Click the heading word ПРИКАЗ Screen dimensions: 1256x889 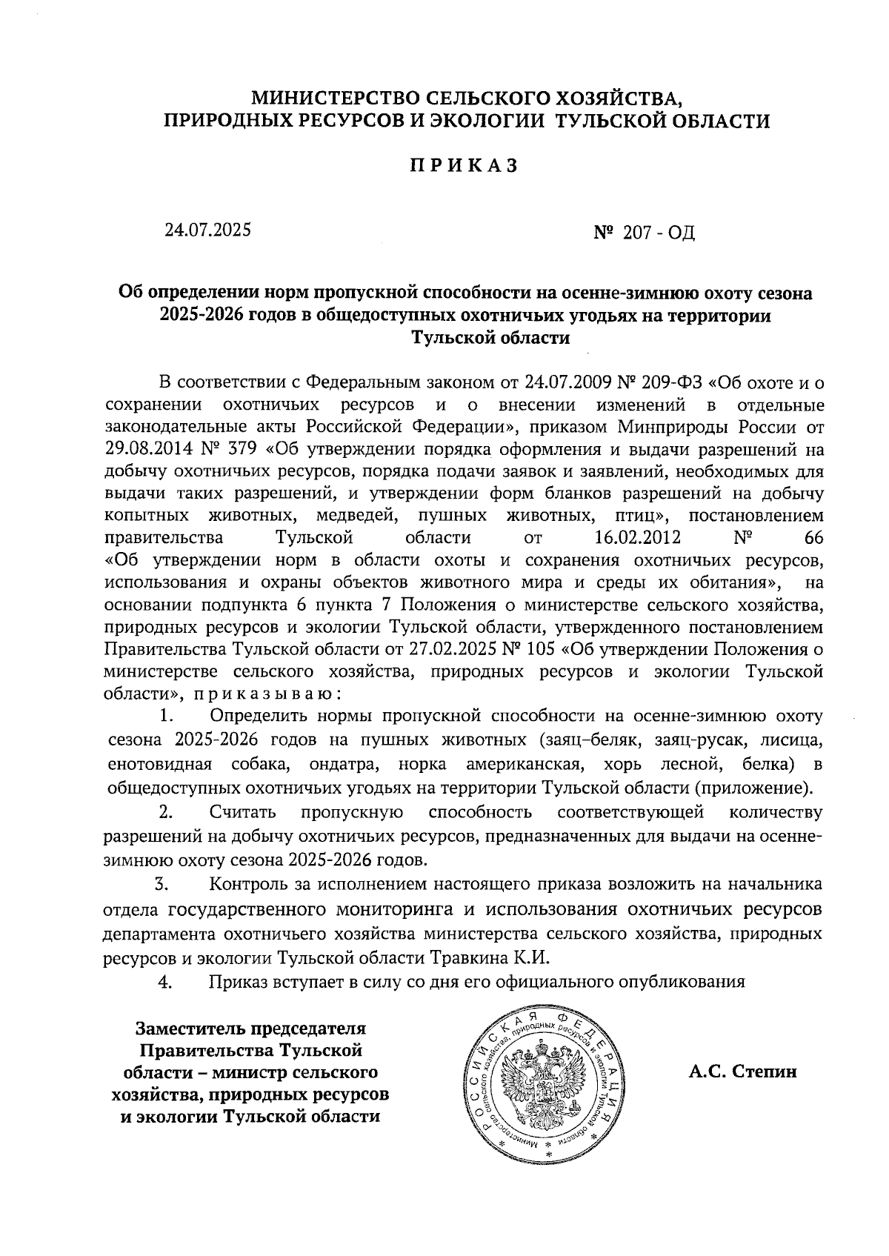pyautogui.click(x=464, y=167)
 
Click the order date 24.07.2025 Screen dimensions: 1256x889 pyautogui.click(x=208, y=230)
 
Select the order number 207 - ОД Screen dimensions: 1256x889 pyautogui.click(x=644, y=233)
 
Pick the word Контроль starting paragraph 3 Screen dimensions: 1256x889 pyautogui.click(x=248, y=884)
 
